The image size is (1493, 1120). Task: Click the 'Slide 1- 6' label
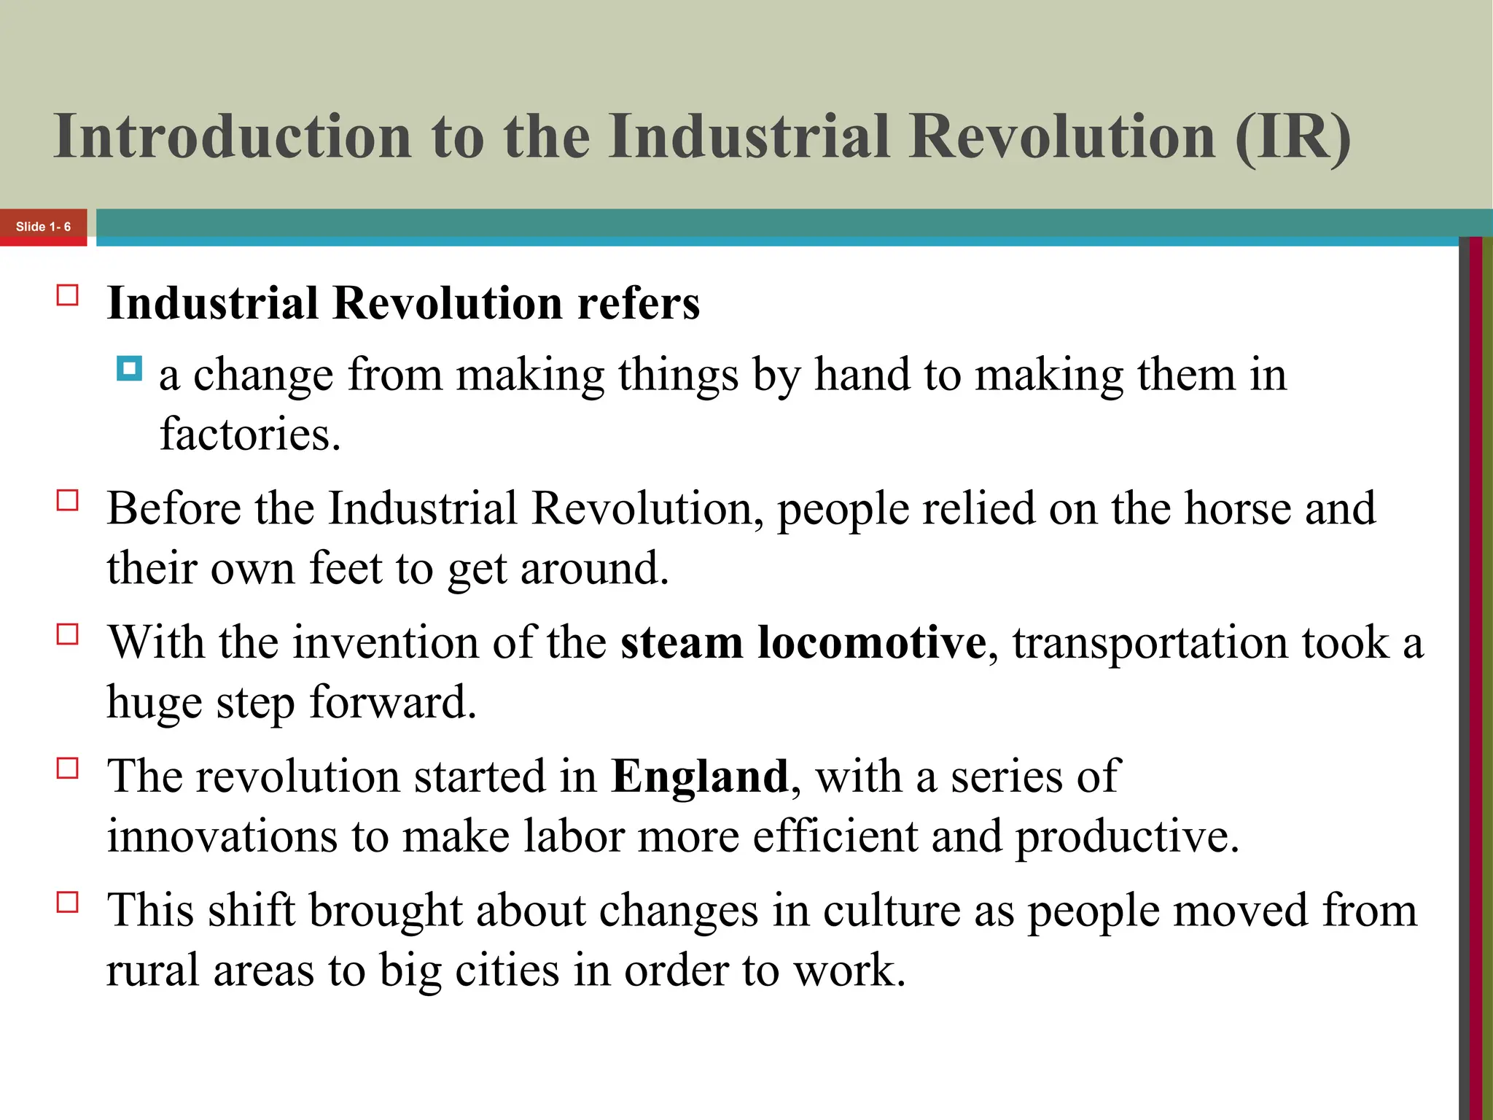[x=43, y=227]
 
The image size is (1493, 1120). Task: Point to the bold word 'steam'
[x=681, y=642]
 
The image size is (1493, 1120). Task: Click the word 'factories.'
[x=250, y=435]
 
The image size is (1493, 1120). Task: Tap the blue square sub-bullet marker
[x=129, y=369]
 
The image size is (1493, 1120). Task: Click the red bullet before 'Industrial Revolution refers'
[x=68, y=295]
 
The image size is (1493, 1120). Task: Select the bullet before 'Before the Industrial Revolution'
[x=68, y=501]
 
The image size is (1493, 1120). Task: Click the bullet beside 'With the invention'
[x=68, y=634]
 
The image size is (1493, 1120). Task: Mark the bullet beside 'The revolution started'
[x=68, y=769]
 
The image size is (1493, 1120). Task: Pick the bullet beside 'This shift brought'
[x=68, y=903]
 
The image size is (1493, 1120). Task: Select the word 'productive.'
[x=1127, y=836]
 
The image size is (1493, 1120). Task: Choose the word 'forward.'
[x=393, y=702]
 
